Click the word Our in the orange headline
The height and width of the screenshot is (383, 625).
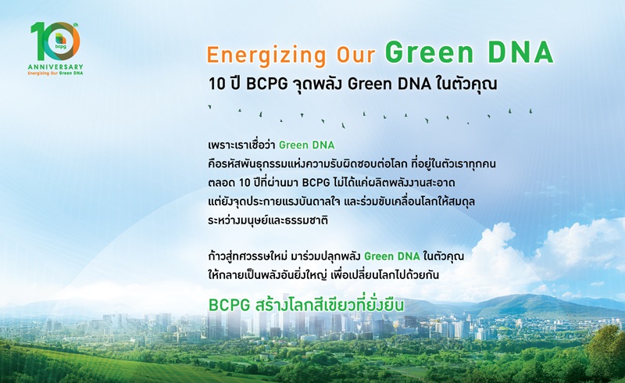point(356,55)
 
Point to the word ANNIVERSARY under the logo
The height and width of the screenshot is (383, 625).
point(55,67)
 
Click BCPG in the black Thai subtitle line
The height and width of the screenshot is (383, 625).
point(267,84)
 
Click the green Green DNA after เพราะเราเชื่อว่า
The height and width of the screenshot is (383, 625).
point(306,145)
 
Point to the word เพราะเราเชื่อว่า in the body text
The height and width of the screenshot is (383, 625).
point(241,145)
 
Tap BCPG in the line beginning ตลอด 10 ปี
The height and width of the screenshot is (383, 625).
point(316,183)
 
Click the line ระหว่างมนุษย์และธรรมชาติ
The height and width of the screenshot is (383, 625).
point(268,220)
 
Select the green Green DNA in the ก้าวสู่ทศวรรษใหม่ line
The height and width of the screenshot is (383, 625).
point(392,256)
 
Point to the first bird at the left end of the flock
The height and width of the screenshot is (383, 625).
point(209,107)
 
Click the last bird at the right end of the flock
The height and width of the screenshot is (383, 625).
point(530,110)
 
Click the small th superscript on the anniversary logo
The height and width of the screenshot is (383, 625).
point(76,25)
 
